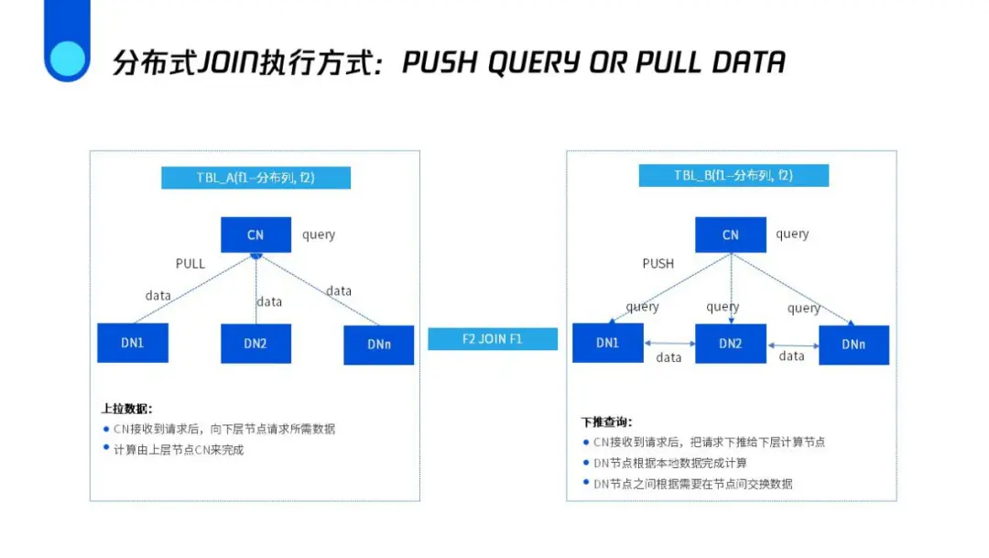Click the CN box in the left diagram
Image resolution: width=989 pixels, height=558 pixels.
(x=255, y=235)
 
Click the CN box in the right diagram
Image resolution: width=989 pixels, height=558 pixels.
(x=730, y=235)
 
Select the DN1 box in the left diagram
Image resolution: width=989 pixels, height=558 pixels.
(x=133, y=343)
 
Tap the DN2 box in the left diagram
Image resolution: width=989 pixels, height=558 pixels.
(x=255, y=344)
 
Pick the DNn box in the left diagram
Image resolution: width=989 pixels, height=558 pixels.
(x=378, y=345)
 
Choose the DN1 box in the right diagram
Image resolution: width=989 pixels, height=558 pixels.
(x=607, y=343)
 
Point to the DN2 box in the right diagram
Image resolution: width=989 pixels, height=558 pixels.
(x=730, y=344)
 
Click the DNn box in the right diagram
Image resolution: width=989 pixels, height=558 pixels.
(x=853, y=345)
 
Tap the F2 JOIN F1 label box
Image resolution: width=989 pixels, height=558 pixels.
(x=493, y=339)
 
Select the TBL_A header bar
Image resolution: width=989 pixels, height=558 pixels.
(x=255, y=178)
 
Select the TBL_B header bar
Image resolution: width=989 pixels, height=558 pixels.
(x=733, y=176)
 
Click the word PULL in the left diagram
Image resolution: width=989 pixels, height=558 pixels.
(x=190, y=264)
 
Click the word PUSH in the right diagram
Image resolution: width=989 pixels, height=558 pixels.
(x=658, y=264)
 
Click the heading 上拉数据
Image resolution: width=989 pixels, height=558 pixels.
(x=126, y=409)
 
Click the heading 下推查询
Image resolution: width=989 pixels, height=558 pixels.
(x=606, y=422)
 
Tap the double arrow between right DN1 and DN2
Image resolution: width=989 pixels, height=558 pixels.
(x=668, y=343)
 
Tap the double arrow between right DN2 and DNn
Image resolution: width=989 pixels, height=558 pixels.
(x=792, y=345)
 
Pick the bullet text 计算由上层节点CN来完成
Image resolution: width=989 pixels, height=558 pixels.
(x=179, y=450)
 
